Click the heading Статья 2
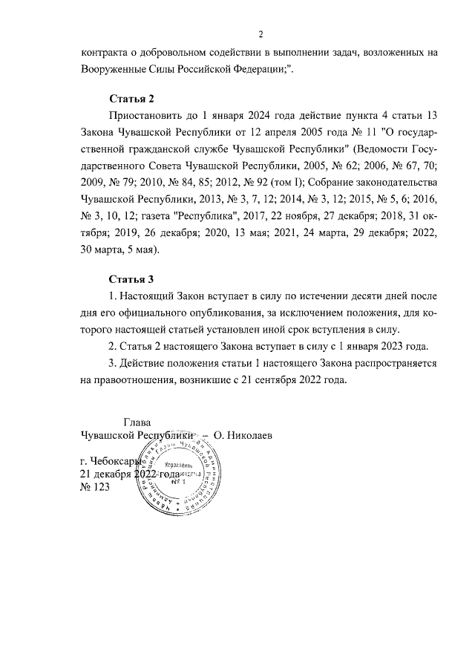(132, 98)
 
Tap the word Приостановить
(147, 117)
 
